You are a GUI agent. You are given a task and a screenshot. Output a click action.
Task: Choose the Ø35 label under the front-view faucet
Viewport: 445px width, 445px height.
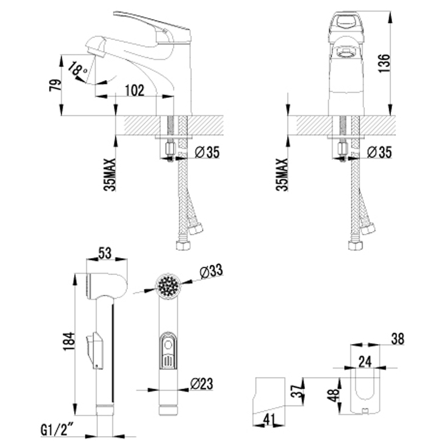click(x=380, y=152)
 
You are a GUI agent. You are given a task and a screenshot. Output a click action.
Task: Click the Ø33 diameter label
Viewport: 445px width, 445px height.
click(x=210, y=272)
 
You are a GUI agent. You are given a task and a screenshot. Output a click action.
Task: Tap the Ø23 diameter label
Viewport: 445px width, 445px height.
click(x=201, y=384)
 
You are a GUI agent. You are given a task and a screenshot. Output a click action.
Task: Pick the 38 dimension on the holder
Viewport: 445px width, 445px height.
click(x=397, y=338)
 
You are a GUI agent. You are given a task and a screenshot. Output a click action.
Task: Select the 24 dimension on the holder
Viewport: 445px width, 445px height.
click(x=364, y=361)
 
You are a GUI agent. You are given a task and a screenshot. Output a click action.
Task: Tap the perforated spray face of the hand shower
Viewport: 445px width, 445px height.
click(x=168, y=286)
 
